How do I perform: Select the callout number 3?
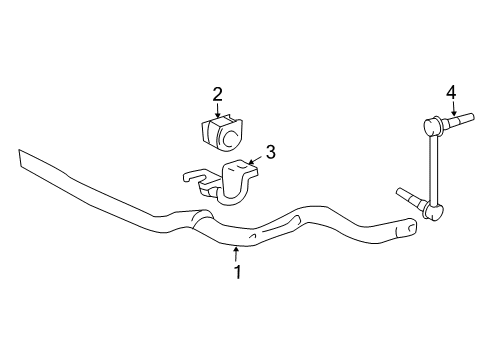click(269, 153)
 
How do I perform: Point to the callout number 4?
click(452, 93)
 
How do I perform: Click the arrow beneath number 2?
click(217, 112)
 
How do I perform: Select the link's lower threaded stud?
click(410, 197)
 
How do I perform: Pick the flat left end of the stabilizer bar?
click(30, 161)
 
